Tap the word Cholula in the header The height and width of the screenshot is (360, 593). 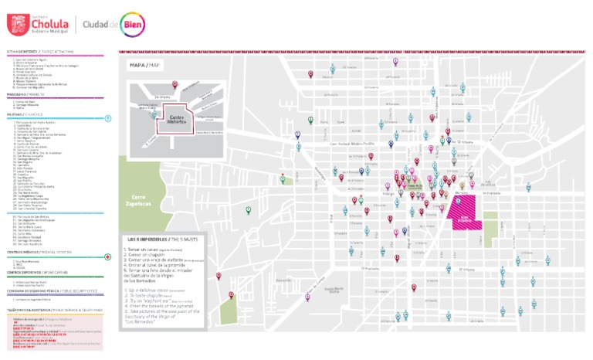point(47,22)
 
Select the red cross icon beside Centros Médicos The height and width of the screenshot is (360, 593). point(109,253)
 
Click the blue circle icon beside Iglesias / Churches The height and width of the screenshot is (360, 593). point(109,118)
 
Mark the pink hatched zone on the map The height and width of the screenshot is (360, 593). point(466,211)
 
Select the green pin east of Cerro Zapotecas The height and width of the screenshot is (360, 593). point(249,209)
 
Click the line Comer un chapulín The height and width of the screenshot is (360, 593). point(151,256)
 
